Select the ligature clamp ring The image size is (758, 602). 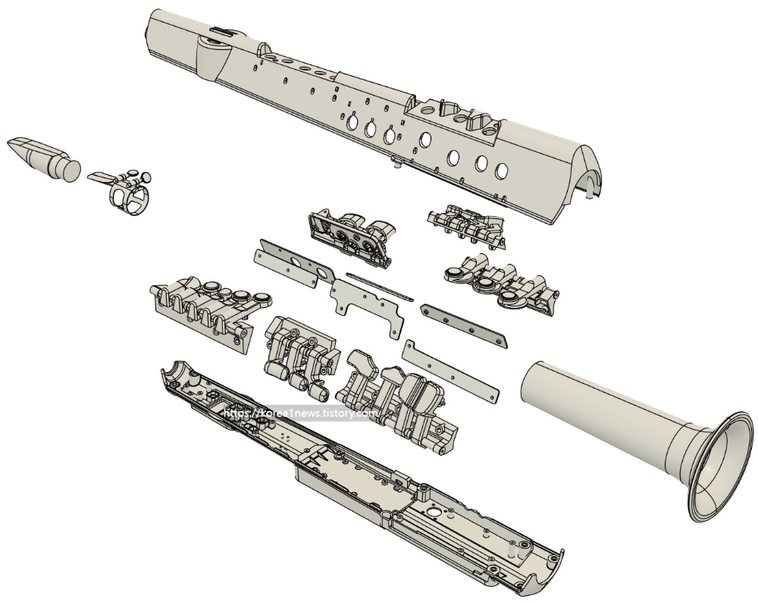pos(129,197)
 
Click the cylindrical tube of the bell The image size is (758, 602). pos(604,406)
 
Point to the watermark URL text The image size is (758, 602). pos(302,413)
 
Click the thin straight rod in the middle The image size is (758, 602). pos(380,287)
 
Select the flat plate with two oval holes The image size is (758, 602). pos(294,262)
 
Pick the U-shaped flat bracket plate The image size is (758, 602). pos(368,306)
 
